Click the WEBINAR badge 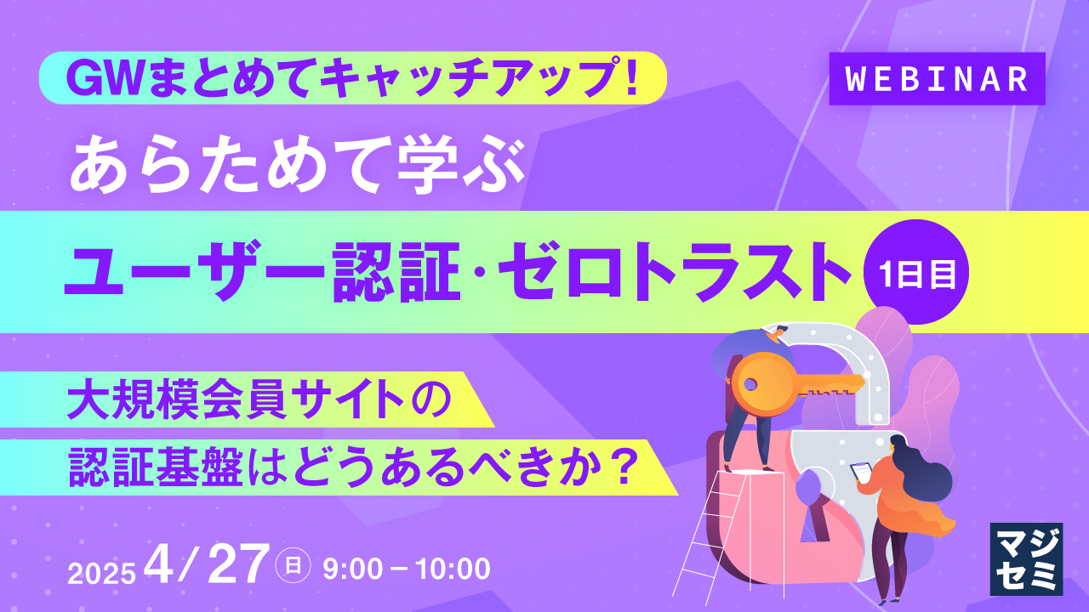(x=937, y=79)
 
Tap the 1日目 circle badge (x=917, y=274)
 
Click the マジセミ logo (x=1025, y=558)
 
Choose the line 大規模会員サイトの (x=261, y=399)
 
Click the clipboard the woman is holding (x=863, y=472)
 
